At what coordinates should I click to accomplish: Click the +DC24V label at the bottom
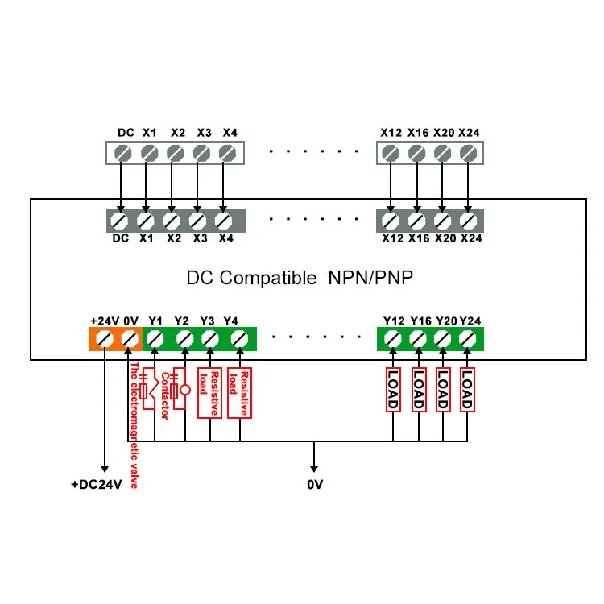(x=96, y=485)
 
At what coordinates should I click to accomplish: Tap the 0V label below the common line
(x=315, y=485)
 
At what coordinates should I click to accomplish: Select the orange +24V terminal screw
(x=104, y=340)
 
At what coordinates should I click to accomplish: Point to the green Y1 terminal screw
(x=157, y=340)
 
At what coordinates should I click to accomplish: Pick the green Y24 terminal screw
(x=468, y=340)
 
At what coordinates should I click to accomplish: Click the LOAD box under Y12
(x=393, y=389)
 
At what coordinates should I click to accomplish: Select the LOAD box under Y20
(x=443, y=389)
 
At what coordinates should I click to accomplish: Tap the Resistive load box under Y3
(x=210, y=393)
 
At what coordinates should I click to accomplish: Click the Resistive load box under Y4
(x=240, y=393)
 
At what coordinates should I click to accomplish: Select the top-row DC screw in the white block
(x=123, y=152)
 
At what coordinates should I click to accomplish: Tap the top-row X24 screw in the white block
(x=468, y=152)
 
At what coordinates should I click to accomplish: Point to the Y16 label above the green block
(x=420, y=321)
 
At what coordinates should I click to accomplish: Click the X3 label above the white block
(x=204, y=132)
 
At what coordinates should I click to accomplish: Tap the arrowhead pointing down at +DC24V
(x=104, y=467)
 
